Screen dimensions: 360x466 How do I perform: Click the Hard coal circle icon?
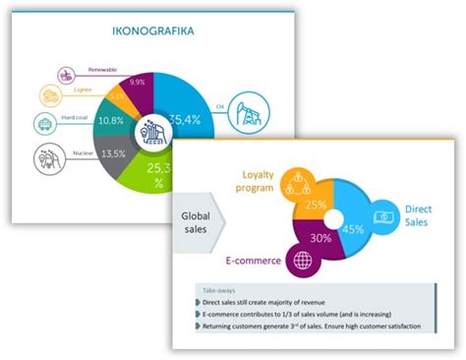coord(45,123)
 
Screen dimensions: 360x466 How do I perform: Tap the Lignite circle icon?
coord(50,95)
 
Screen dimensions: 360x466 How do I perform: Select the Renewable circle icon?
coord(67,74)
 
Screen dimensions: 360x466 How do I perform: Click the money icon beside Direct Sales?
coord(381,216)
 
